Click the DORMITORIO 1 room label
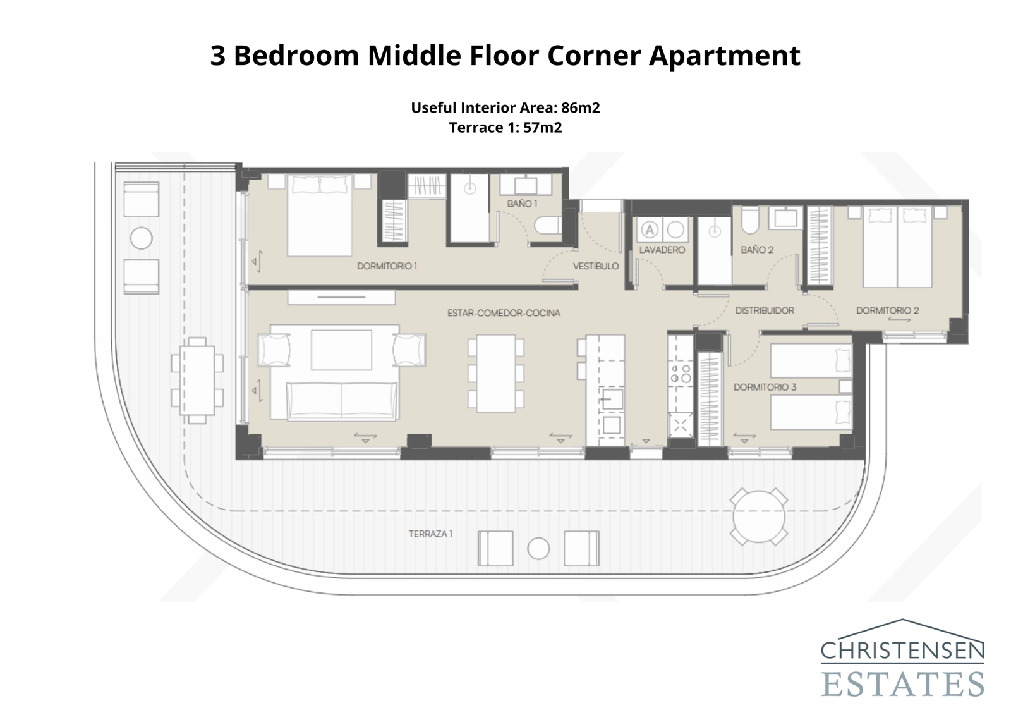point(387,266)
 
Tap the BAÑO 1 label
point(522,204)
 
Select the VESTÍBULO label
point(595,266)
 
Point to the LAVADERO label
point(662,250)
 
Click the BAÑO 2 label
point(757,250)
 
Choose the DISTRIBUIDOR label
point(765,310)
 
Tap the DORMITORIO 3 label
point(765,387)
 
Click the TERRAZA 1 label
point(430,534)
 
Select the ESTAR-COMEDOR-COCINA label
point(504,313)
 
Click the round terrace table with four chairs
point(759,516)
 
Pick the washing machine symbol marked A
point(650,229)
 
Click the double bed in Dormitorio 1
point(319,216)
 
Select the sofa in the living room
point(342,401)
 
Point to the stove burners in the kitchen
point(680,374)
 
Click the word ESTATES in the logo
point(902,684)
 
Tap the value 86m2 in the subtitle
point(580,107)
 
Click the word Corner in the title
point(594,56)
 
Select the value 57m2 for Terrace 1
point(542,128)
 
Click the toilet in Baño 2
point(749,219)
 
